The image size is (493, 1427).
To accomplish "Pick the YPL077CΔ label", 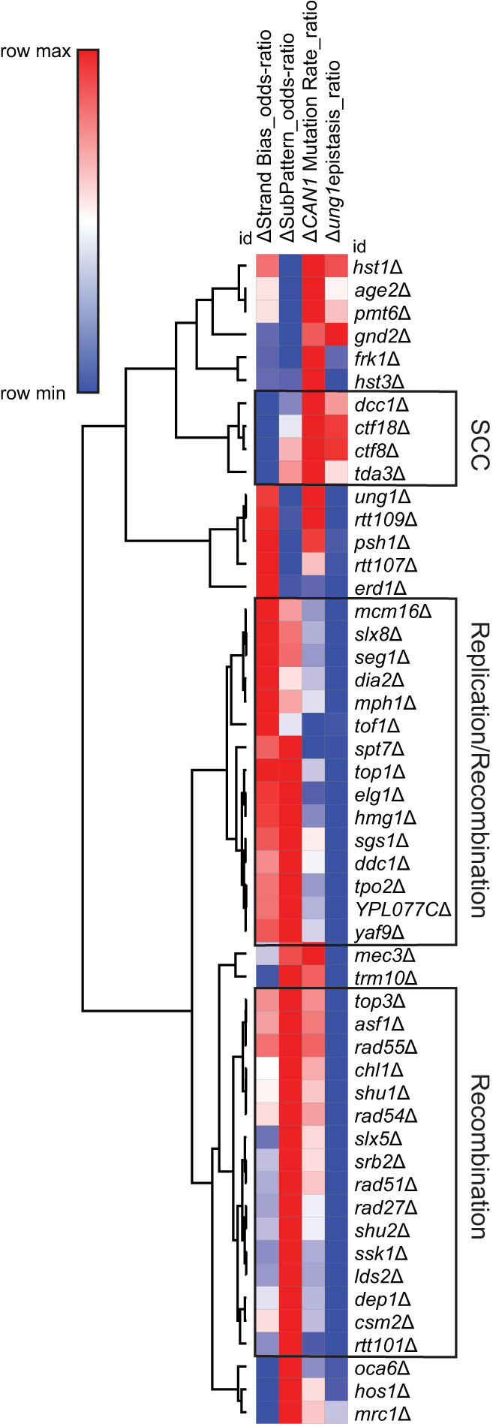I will [402, 910].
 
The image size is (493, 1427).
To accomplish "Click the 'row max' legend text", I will [36, 52].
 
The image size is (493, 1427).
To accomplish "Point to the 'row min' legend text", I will [33, 393].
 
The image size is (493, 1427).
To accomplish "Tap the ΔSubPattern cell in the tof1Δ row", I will [290, 726].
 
